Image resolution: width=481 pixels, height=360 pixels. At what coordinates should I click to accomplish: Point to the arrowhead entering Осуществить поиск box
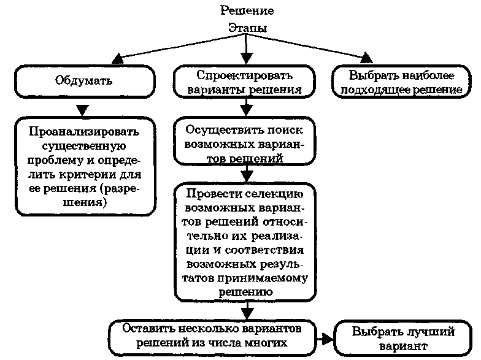[x=245, y=112]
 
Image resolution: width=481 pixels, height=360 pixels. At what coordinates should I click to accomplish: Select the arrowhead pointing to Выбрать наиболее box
[x=366, y=58]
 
